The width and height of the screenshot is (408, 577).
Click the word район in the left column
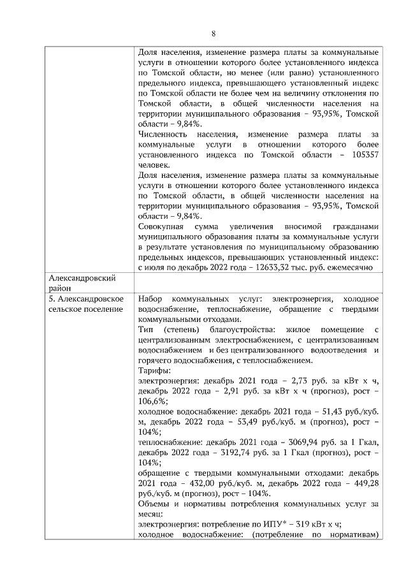click(61, 288)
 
